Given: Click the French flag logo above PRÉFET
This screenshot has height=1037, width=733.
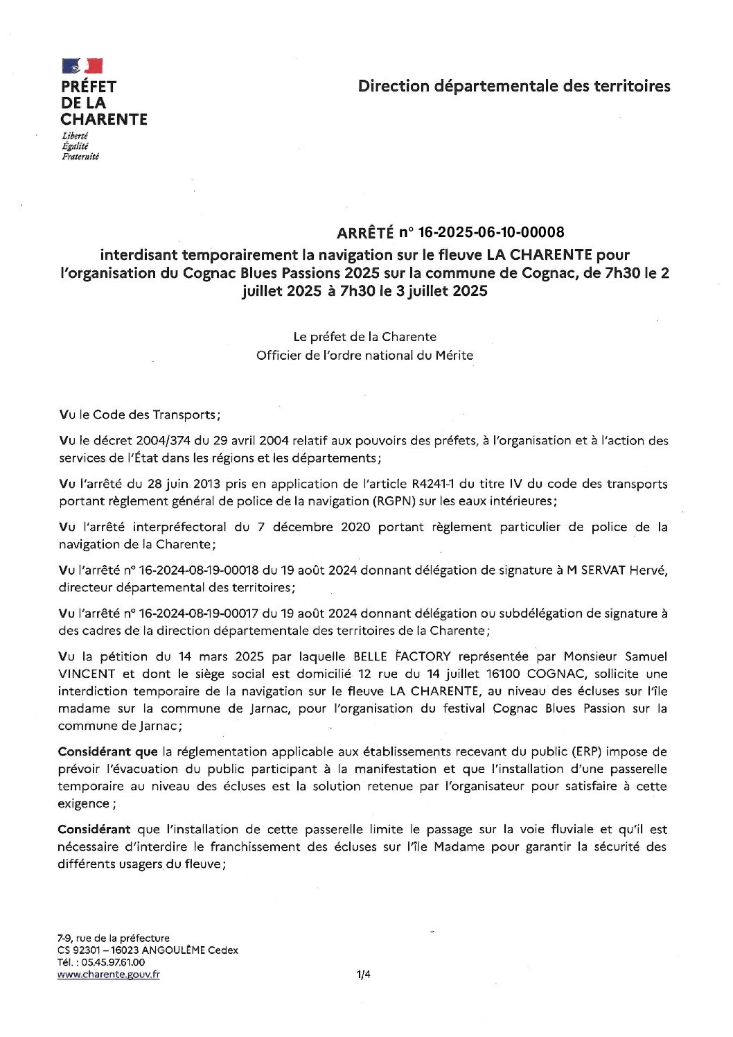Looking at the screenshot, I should (x=82, y=66).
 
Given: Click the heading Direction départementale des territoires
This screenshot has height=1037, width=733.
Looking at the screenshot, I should (x=514, y=86).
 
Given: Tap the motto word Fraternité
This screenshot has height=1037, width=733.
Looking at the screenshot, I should (x=80, y=157).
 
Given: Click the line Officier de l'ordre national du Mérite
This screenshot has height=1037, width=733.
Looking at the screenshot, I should (x=364, y=355).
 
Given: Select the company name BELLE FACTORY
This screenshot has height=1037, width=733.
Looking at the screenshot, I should (x=403, y=656).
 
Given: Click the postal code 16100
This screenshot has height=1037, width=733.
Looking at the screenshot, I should (x=504, y=673).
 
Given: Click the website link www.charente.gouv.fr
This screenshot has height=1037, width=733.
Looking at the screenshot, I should (x=109, y=975).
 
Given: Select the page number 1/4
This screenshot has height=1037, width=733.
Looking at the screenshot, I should (x=364, y=975).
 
